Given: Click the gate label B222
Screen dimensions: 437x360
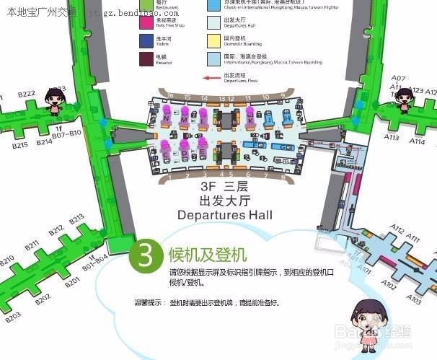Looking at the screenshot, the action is (x=26, y=95).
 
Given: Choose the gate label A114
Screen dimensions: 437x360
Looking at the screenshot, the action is (x=417, y=141).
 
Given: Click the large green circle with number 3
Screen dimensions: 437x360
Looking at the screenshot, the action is (x=144, y=255).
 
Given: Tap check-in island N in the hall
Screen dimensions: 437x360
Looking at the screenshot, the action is (x=167, y=116).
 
